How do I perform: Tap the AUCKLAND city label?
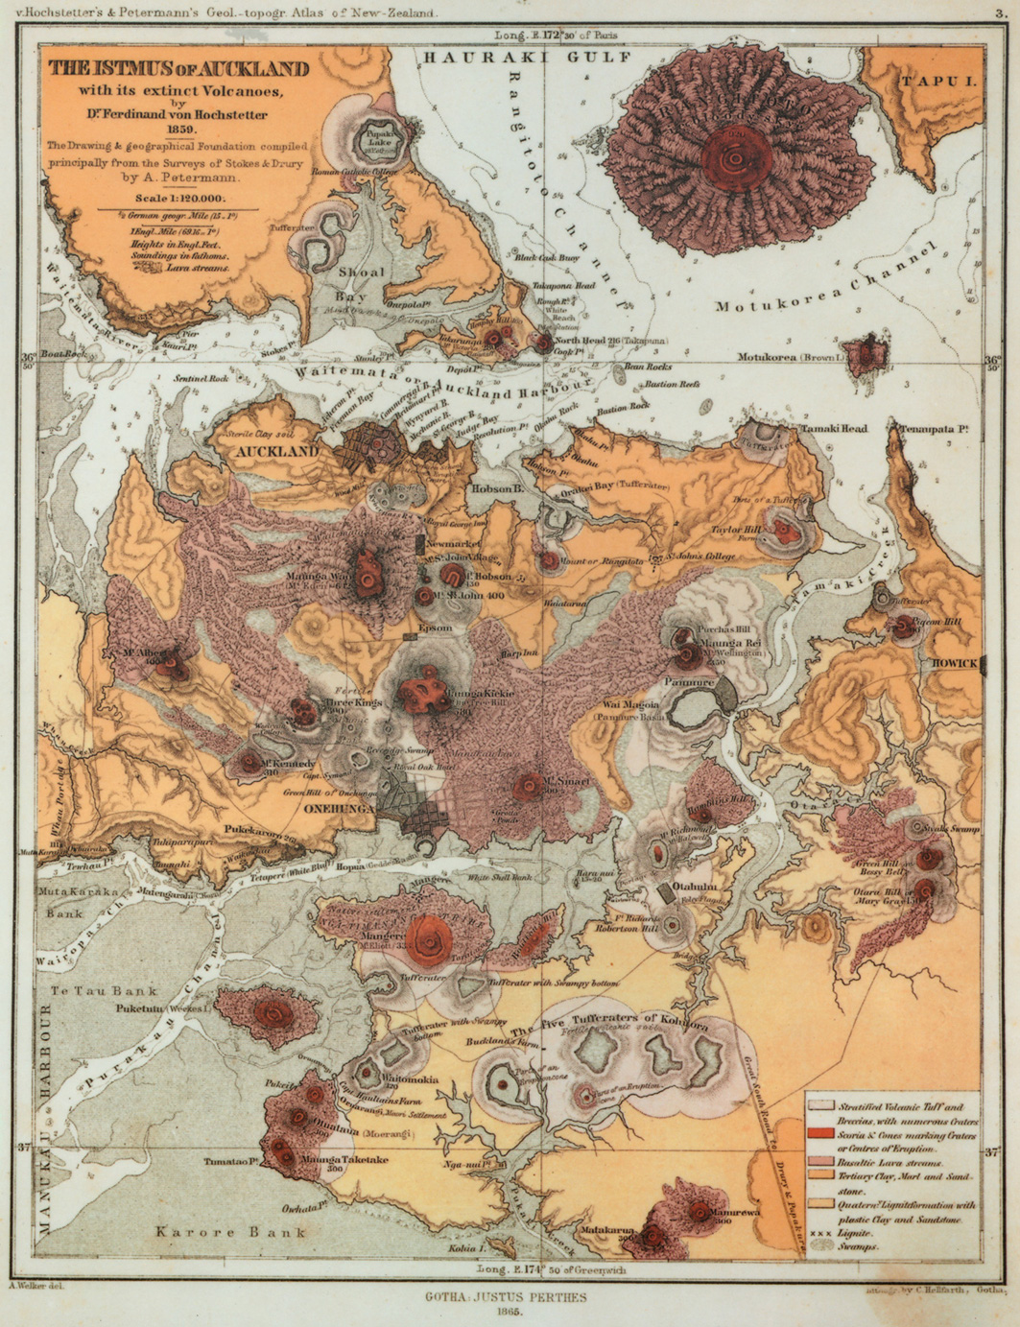[x=277, y=451]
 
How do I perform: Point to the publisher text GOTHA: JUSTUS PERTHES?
[x=507, y=1295]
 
